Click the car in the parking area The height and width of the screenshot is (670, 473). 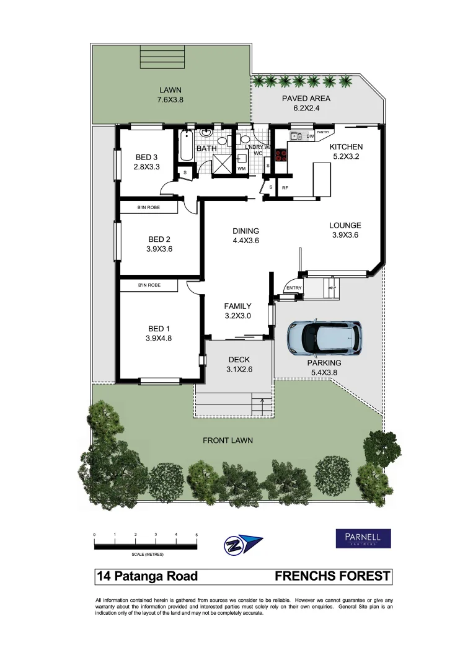click(x=324, y=337)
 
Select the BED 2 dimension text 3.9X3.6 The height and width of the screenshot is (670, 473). click(x=159, y=249)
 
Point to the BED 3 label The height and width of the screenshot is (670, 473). click(x=147, y=157)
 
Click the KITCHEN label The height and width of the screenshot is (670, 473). click(x=346, y=147)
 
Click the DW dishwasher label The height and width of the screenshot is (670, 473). click(x=311, y=136)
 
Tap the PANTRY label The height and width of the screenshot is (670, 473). click(x=324, y=132)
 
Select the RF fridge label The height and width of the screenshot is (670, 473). click(x=285, y=187)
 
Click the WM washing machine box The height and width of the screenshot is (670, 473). click(x=242, y=168)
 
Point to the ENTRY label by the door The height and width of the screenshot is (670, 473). click(x=293, y=288)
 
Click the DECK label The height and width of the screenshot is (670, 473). click(x=239, y=359)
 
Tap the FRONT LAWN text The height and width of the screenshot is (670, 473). click(x=228, y=440)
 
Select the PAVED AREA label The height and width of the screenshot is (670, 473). click(x=306, y=99)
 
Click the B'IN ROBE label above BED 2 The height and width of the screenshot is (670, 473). click(x=148, y=207)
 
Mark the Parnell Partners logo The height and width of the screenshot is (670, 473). click(x=363, y=538)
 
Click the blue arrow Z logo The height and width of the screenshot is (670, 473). click(x=242, y=544)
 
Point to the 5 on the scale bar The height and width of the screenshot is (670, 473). click(x=197, y=534)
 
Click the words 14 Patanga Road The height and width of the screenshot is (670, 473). click(x=148, y=576)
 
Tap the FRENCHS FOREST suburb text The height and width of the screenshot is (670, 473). click(x=332, y=576)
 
